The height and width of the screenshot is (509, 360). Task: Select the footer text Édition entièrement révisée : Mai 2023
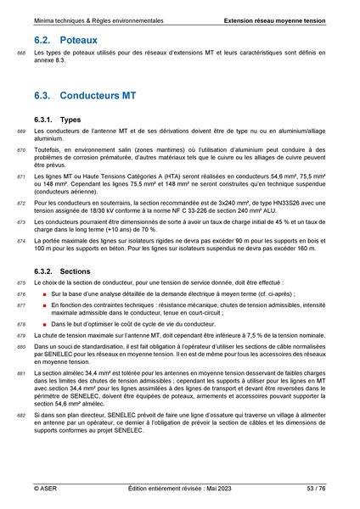(179, 489)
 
